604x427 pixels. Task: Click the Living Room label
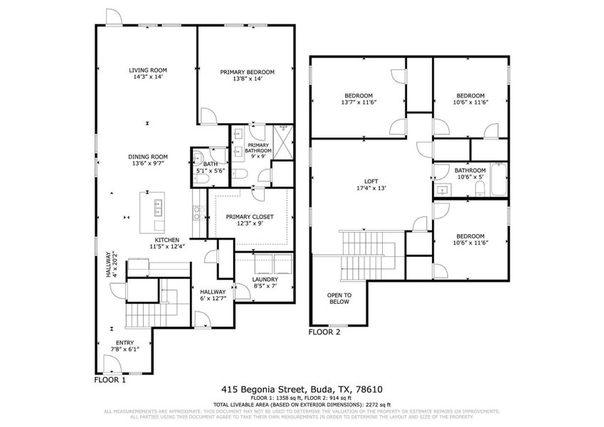click(x=147, y=70)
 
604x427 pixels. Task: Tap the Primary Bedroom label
click(x=247, y=72)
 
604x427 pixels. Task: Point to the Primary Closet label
click(x=249, y=217)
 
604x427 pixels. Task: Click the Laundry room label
click(x=265, y=280)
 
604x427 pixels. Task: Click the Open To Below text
click(x=338, y=297)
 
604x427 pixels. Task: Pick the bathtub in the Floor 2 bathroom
click(x=497, y=180)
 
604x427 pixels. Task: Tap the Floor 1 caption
click(x=110, y=380)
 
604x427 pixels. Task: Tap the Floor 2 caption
click(x=324, y=332)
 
